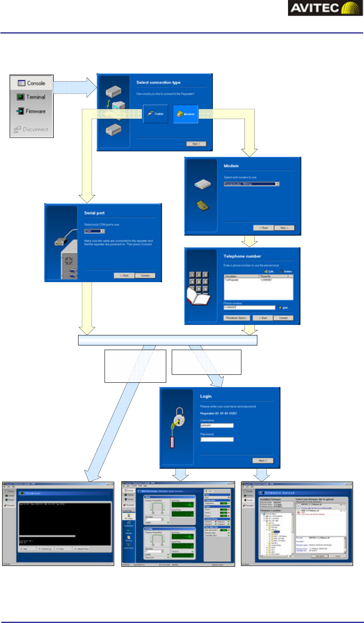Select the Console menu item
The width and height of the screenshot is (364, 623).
point(31,83)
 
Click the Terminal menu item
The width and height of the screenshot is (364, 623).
point(31,97)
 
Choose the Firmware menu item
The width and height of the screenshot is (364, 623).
point(31,111)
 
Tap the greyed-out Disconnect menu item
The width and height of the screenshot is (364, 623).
point(31,130)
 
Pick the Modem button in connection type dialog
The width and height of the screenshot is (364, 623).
point(186,114)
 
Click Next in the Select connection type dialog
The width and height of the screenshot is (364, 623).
point(196,144)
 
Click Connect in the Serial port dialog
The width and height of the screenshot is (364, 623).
point(145,275)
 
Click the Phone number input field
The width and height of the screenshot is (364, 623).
point(249,307)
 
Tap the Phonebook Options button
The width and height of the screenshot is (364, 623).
point(237,318)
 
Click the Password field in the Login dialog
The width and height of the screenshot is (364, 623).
point(217,439)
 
